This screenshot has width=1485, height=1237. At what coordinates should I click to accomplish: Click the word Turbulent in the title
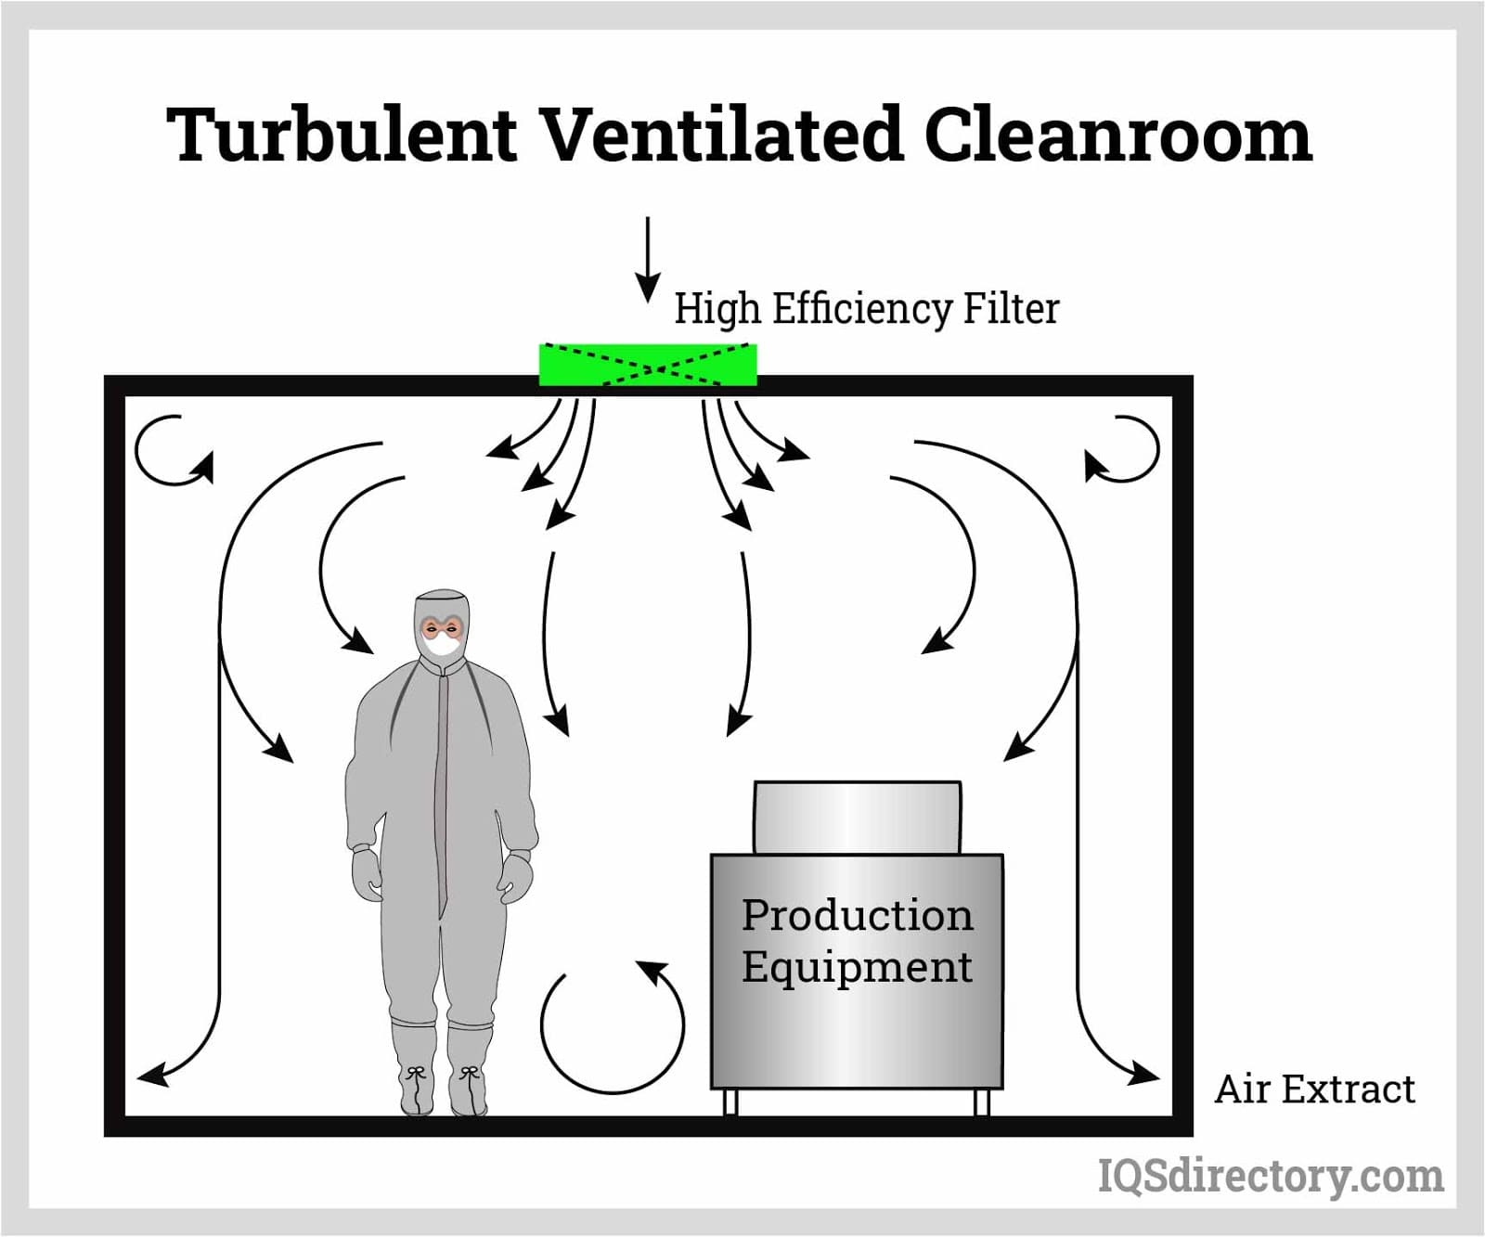point(342,135)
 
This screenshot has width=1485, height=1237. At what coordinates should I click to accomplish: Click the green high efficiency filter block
point(648,365)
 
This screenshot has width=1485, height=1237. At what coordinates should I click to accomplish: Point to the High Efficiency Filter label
point(866,308)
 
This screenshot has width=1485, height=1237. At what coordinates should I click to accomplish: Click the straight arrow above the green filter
point(648,260)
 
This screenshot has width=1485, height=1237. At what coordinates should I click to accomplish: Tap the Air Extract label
point(1315,1089)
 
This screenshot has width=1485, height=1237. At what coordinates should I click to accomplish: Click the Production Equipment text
point(857,940)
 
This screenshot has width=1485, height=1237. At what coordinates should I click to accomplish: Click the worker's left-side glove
point(368,872)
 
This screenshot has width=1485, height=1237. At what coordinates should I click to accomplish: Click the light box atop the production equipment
point(857,818)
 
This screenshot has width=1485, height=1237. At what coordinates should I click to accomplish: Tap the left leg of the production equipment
point(730,1102)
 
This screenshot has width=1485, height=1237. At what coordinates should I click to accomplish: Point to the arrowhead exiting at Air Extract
point(1143,1075)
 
